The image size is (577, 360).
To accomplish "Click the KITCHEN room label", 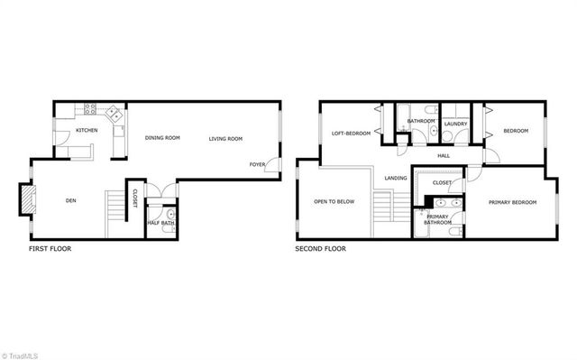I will click(87, 131).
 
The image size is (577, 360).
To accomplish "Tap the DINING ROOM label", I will click(162, 138).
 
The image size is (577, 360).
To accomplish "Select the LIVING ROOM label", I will click(226, 138).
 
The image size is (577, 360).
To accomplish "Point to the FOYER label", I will click(258, 165).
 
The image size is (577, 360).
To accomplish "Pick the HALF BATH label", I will click(161, 223).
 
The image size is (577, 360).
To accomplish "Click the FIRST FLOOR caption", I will click(50, 249).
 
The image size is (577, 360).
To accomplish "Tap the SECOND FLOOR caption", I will click(320, 249).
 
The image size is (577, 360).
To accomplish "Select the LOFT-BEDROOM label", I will click(352, 134).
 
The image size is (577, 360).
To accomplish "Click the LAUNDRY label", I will click(455, 121).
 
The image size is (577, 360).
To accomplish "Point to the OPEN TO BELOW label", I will click(333, 202).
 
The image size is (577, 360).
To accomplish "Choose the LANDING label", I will click(395, 178).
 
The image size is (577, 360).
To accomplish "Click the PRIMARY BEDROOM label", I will click(512, 202).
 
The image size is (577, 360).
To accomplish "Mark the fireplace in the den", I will click(28, 199).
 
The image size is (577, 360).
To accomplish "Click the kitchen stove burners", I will click(90, 109).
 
